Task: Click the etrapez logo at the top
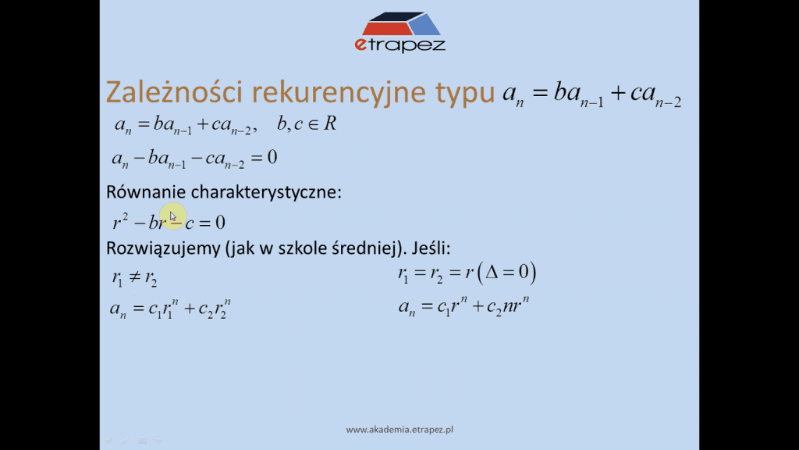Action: tap(400, 31)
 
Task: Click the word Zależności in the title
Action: tap(175, 92)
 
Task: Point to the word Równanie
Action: tap(145, 192)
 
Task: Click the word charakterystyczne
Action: tap(266, 192)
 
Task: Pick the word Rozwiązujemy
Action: tap(163, 248)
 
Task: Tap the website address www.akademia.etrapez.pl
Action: tap(399, 430)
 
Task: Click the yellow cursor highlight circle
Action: tap(172, 216)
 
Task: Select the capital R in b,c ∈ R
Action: tap(330, 123)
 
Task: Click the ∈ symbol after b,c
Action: tap(313, 124)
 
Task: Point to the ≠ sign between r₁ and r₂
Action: tap(134, 277)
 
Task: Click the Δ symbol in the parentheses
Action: tap(492, 271)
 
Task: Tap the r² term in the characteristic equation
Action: tap(120, 221)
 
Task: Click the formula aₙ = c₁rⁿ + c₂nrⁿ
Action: tap(463, 306)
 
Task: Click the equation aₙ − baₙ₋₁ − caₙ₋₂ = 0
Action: tap(194, 158)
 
